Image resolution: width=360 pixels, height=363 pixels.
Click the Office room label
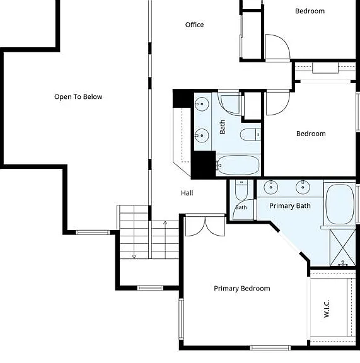click(194, 25)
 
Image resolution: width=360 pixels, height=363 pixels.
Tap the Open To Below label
click(78, 97)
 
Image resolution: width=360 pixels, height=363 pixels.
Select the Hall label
click(187, 193)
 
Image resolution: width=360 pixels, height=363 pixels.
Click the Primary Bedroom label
click(242, 289)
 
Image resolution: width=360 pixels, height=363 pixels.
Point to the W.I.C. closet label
click(327, 309)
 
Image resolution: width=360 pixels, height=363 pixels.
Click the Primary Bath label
click(290, 206)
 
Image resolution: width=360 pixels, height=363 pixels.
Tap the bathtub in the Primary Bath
click(340, 204)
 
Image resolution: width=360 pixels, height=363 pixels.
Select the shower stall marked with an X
click(342, 247)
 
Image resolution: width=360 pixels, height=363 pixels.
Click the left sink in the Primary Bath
click(271, 187)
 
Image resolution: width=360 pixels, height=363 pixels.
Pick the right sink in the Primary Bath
click(303, 187)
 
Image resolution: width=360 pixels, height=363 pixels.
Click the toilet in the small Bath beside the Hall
click(241, 190)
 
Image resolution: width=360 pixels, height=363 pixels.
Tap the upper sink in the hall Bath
click(202, 104)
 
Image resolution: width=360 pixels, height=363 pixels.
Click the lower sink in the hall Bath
click(202, 135)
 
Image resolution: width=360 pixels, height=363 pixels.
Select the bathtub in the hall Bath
click(238, 165)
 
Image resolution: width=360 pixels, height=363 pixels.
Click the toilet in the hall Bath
click(250, 134)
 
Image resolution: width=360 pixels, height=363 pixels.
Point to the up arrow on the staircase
click(165, 240)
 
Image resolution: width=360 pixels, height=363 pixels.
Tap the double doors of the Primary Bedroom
click(206, 226)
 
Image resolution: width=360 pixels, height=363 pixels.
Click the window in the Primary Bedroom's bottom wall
click(270, 348)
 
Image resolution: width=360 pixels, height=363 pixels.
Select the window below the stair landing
click(150, 288)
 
